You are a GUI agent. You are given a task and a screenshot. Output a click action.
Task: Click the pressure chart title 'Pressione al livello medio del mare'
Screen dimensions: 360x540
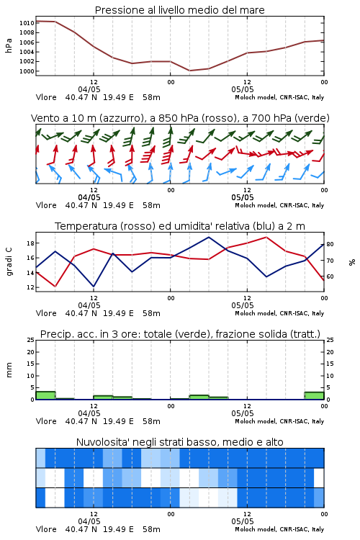pos(179,10)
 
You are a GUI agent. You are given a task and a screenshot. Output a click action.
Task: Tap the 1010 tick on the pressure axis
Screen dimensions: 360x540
pos(27,23)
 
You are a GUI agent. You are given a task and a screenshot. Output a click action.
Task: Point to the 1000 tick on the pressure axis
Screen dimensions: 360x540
pos(27,71)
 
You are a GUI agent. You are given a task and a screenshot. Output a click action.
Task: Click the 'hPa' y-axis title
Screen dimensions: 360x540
pos(9,45)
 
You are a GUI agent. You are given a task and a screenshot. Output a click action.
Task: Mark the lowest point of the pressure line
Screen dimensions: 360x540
pos(190,71)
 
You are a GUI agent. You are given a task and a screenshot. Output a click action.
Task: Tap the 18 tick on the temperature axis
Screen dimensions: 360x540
pos(30,243)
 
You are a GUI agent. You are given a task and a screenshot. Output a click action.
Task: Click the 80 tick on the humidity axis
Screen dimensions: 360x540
pos(330,244)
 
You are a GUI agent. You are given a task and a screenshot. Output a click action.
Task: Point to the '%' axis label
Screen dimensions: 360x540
pos(352,262)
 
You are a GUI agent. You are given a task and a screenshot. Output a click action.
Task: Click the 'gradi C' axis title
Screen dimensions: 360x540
pos(9,262)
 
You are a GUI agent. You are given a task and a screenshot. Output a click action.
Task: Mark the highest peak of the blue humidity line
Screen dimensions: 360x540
pos(208,237)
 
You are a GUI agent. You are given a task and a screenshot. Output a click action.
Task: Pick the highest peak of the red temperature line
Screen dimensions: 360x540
pos(266,237)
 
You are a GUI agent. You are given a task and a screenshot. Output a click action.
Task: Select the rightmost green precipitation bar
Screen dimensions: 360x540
pos(314,396)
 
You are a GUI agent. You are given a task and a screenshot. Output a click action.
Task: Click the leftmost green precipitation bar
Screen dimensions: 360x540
pos(45,395)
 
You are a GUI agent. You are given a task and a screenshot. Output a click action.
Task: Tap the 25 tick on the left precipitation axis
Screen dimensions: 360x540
pos(30,340)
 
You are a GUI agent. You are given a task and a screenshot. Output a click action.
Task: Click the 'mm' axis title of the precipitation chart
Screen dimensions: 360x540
pos(9,370)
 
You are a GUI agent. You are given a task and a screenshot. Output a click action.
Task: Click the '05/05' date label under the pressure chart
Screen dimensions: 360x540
pos(243,89)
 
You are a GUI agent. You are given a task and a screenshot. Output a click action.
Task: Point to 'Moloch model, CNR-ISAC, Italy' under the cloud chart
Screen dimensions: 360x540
pos(279,529)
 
